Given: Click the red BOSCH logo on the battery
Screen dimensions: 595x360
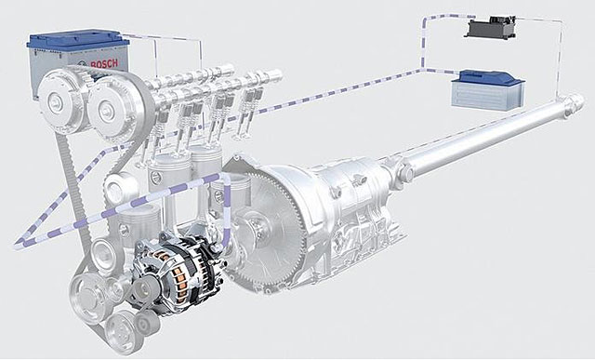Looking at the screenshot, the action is (103, 64).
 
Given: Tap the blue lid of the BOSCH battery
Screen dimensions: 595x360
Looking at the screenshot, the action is (78, 41).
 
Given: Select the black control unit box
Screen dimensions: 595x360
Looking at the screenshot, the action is (491, 27).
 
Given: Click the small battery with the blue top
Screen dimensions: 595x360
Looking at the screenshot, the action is (488, 90).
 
